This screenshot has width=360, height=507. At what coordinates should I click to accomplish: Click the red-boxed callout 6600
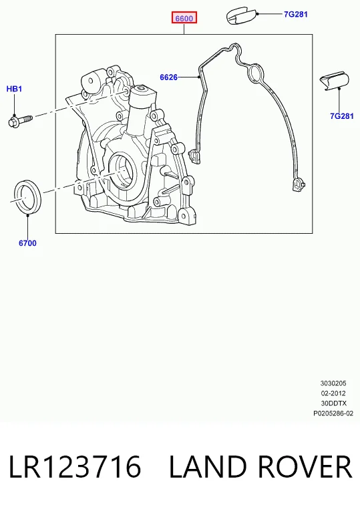(184, 18)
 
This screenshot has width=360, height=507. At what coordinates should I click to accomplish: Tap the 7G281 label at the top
(296, 14)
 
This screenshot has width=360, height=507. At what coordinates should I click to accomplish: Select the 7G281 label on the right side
(342, 116)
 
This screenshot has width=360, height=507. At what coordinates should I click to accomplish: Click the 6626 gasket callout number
(169, 77)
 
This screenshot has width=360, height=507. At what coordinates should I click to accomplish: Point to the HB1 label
(14, 89)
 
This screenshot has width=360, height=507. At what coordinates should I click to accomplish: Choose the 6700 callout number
(27, 243)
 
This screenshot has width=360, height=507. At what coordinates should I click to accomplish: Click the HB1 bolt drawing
(20, 121)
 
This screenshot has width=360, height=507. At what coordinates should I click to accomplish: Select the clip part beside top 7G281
(241, 16)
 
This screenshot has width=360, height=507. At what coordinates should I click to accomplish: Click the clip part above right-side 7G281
(335, 81)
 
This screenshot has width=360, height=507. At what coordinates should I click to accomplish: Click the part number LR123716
(75, 466)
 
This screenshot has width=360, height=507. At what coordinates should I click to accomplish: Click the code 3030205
(333, 383)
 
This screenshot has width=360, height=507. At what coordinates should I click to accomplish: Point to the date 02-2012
(333, 393)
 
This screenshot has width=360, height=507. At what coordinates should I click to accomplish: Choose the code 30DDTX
(333, 403)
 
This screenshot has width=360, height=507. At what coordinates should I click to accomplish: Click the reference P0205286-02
(333, 413)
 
